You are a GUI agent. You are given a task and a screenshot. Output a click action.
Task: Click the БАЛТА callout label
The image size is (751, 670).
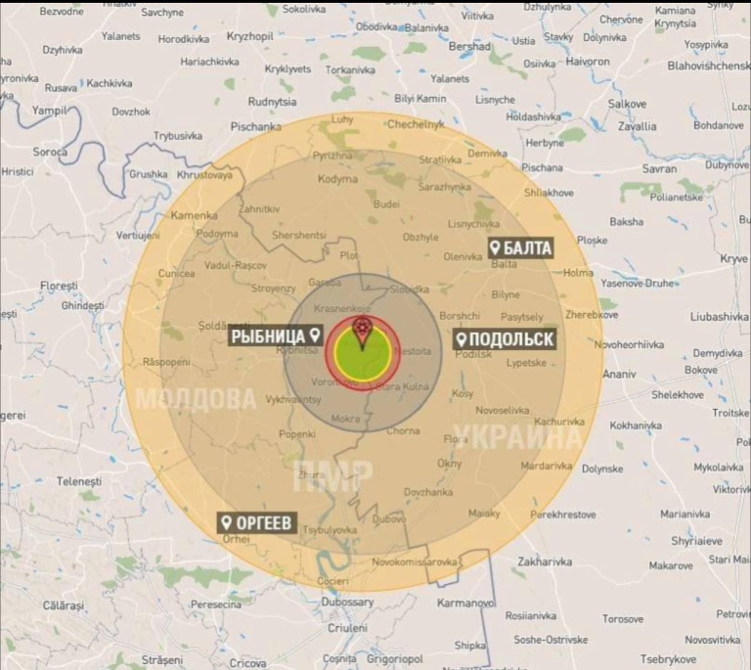click(x=521, y=247)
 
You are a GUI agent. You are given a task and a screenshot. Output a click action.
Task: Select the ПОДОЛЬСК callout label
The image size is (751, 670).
click(x=506, y=339)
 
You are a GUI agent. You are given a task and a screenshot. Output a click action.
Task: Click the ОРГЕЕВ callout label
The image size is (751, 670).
click(x=256, y=523)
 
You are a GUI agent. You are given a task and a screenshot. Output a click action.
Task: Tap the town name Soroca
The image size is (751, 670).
click(x=51, y=153)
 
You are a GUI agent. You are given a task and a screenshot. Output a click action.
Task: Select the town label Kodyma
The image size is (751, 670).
click(x=338, y=180)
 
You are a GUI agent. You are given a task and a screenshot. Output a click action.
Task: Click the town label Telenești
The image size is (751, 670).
click(x=79, y=481)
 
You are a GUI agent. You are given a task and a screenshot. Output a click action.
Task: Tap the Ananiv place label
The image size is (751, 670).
click(x=618, y=375)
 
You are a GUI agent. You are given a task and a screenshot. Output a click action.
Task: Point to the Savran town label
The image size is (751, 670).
click(x=659, y=168)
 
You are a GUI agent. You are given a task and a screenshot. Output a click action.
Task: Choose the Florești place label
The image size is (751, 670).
click(x=59, y=286)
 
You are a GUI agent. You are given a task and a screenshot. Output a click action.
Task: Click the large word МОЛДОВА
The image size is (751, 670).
click(x=195, y=400)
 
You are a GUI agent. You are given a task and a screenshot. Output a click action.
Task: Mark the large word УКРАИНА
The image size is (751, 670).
click(x=519, y=437)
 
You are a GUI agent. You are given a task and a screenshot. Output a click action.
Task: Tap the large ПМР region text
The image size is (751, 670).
click(x=332, y=476)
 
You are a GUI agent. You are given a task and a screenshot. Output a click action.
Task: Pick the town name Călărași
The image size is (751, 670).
click(x=65, y=605)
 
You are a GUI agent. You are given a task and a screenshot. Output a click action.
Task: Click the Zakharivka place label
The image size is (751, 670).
click(x=545, y=562)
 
